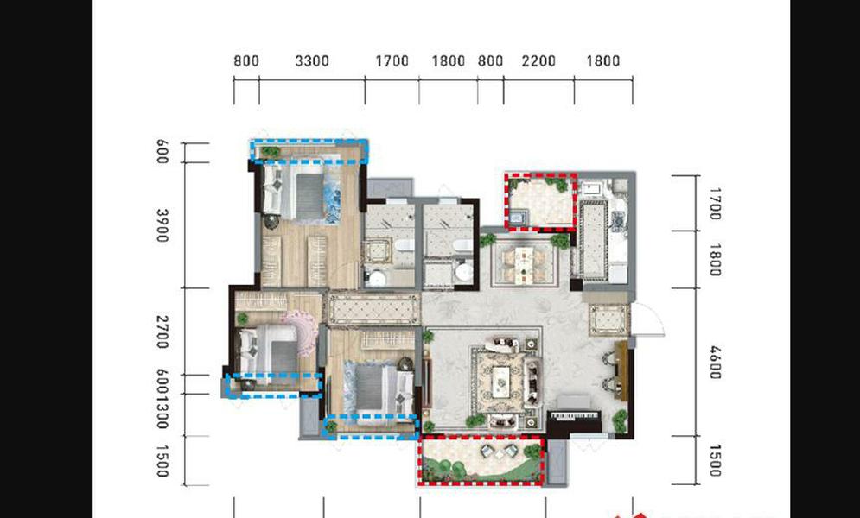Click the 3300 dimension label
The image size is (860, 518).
coord(312,60)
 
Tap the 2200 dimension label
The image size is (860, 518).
coord(538,60)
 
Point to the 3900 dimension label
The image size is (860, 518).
coord(162,224)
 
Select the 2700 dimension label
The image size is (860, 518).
coord(162,332)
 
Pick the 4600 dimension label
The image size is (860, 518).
coord(715,362)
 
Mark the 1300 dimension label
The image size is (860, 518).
coord(162,413)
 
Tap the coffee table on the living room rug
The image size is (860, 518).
coord(500,381)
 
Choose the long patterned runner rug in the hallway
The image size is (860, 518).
coord(373,309)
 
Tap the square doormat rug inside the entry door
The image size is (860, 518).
coord(608,319)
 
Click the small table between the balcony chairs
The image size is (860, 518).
coord(499,453)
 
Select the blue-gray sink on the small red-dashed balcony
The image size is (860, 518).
coord(517,218)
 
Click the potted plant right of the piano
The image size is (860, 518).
coord(620,421)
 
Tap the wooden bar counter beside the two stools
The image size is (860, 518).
coord(621,370)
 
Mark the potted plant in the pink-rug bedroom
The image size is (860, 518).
coord(242,318)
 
